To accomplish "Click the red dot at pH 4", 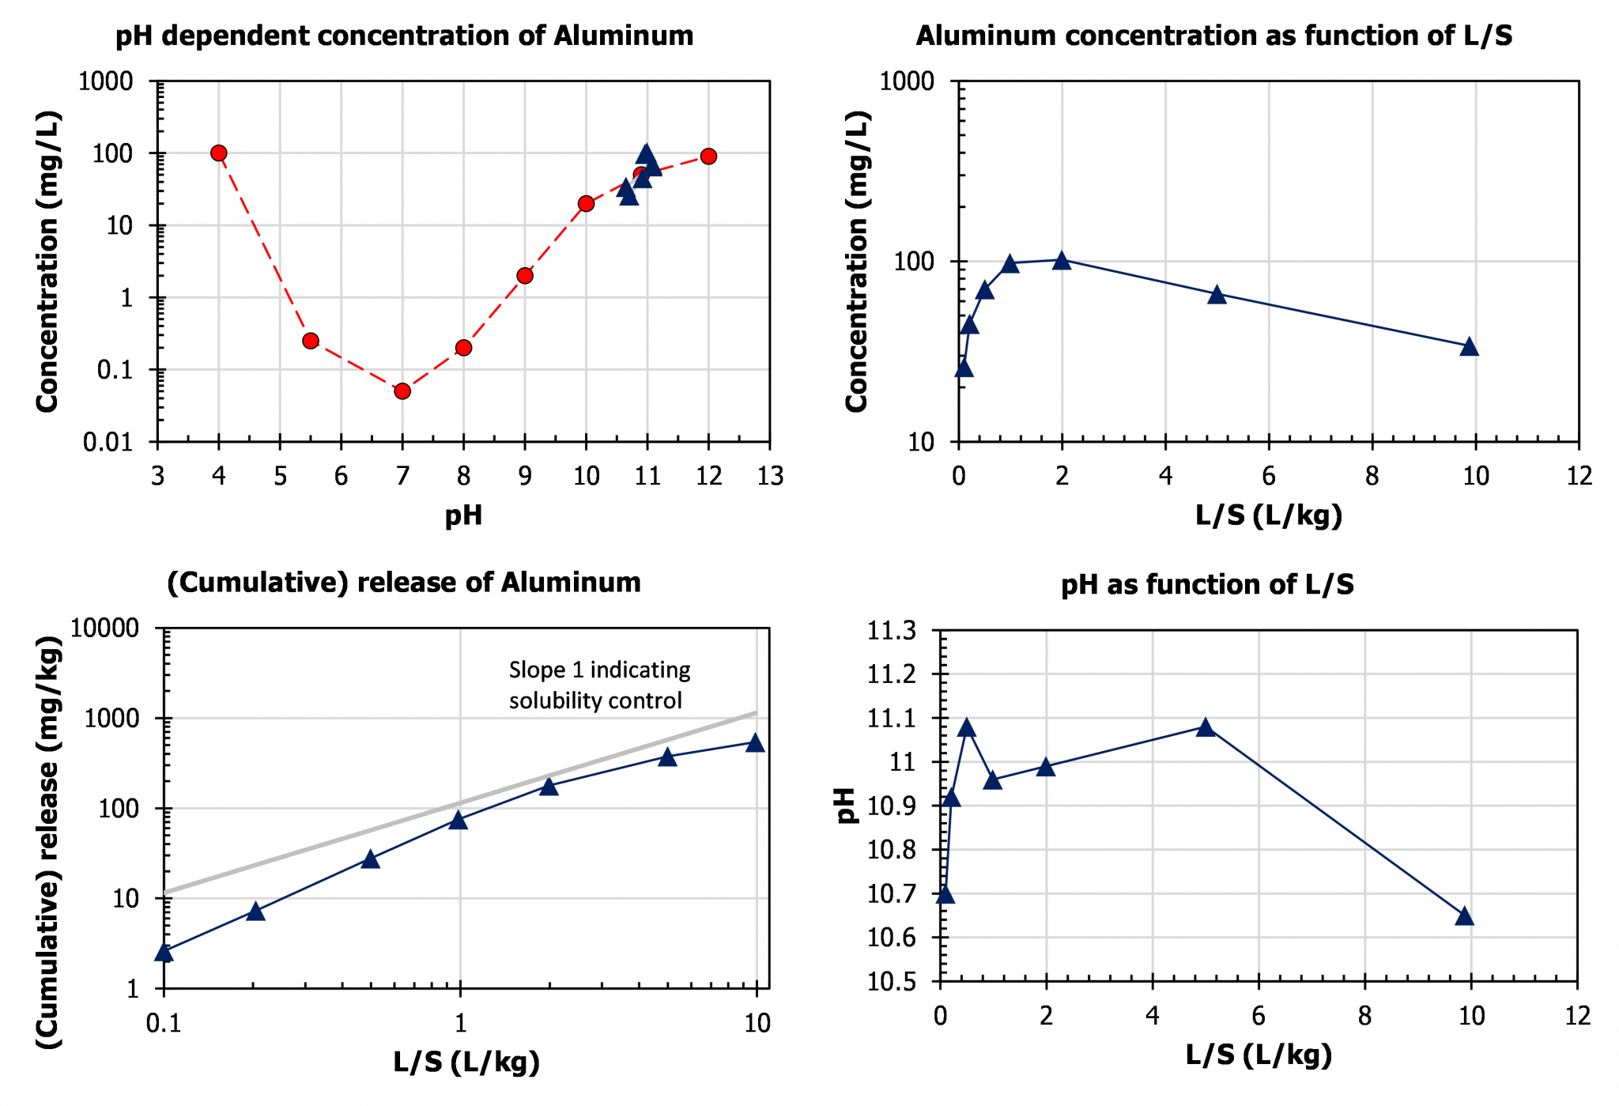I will pyautogui.click(x=219, y=153).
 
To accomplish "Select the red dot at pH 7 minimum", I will pyautogui.click(x=402, y=391).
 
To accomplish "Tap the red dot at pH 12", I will pyautogui.click(x=708, y=157).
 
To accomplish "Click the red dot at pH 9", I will pyautogui.click(x=525, y=276).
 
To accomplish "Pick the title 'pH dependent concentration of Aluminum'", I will pyautogui.click(x=404, y=36).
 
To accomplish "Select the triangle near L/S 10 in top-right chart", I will pyautogui.click(x=1469, y=347).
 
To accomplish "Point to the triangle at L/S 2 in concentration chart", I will pyautogui.click(x=1062, y=261).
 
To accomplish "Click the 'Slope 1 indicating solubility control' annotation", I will pyautogui.click(x=599, y=685).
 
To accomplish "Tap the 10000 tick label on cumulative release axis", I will pyautogui.click(x=104, y=628).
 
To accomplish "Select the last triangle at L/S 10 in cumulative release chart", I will pyautogui.click(x=755, y=743).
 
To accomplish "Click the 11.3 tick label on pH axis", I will pyautogui.click(x=892, y=631).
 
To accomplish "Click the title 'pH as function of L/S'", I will pyautogui.click(x=1207, y=585).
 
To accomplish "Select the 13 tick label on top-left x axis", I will pyautogui.click(x=770, y=476).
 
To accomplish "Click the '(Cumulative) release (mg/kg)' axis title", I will pyautogui.click(x=48, y=842).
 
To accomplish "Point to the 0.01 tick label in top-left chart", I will pyautogui.click(x=108, y=443).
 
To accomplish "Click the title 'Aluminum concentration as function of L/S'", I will pyautogui.click(x=1213, y=36).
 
